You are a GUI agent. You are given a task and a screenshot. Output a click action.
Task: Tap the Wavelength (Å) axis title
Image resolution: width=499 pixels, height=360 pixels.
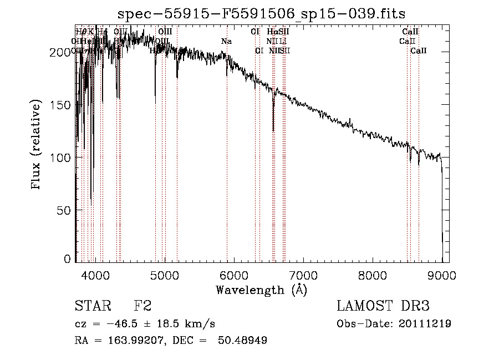(261, 290)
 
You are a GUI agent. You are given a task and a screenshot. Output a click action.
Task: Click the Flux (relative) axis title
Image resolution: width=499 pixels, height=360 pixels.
(37, 145)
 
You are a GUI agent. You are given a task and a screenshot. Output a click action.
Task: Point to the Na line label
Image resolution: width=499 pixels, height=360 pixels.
(226, 42)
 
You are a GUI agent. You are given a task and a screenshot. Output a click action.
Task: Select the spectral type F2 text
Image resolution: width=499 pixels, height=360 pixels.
(142, 306)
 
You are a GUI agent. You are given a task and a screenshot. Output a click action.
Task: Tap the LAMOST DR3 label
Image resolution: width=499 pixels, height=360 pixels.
(383, 306)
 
